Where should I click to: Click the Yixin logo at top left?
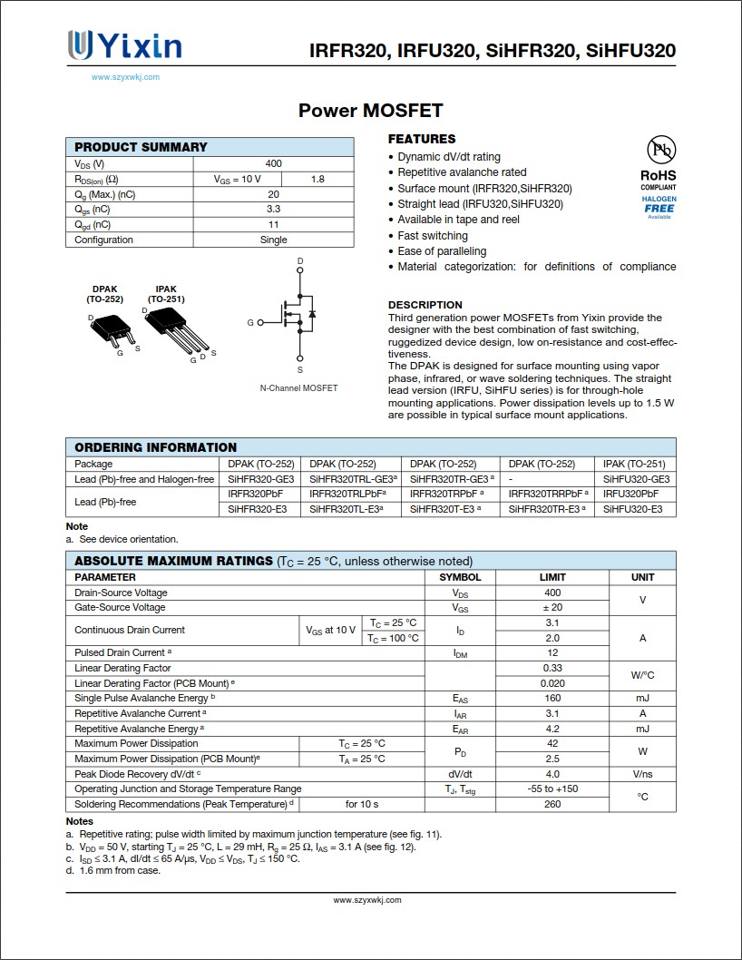[124, 45]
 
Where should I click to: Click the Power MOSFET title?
[370, 111]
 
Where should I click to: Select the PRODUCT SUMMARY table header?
[141, 147]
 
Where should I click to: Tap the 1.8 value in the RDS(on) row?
[317, 179]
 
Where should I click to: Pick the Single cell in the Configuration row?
[273, 240]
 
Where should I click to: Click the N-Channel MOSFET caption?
[298, 388]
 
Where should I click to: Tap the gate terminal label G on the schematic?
[250, 322]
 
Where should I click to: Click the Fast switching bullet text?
[433, 236]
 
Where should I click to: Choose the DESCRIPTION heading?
[425, 305]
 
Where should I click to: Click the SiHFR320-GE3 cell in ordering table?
[261, 479]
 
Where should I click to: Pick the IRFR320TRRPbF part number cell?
[548, 494]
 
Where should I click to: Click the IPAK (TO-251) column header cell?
[634, 464]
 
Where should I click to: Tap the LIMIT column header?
[552, 577]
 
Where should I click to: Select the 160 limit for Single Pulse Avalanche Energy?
[552, 698]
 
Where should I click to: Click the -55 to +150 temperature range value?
[552, 789]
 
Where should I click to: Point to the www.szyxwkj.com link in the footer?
[367, 900]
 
